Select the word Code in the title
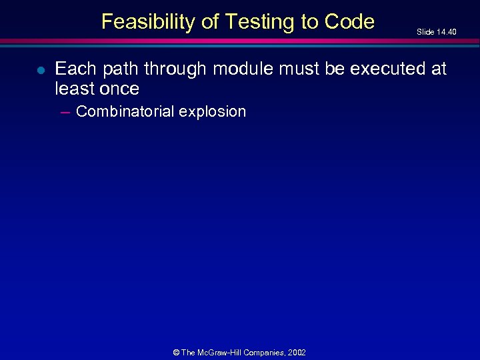click(349, 22)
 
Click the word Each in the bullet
click(76, 69)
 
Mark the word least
click(75, 89)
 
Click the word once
click(119, 89)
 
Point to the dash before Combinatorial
click(65, 112)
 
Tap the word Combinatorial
click(124, 111)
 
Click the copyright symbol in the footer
click(175, 352)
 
